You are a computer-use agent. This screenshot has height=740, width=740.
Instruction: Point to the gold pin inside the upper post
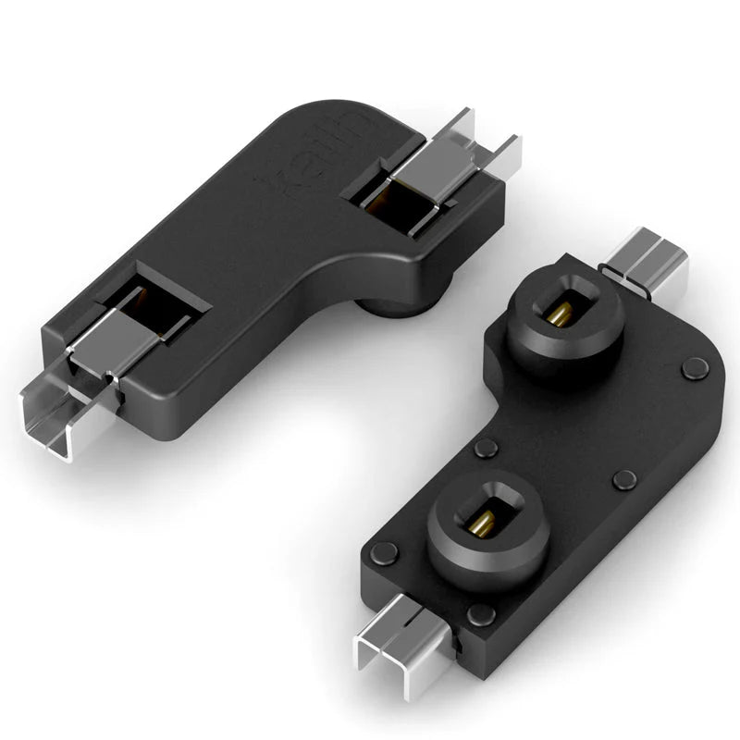click(x=559, y=312)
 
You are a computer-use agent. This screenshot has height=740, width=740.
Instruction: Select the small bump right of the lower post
click(x=625, y=479)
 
